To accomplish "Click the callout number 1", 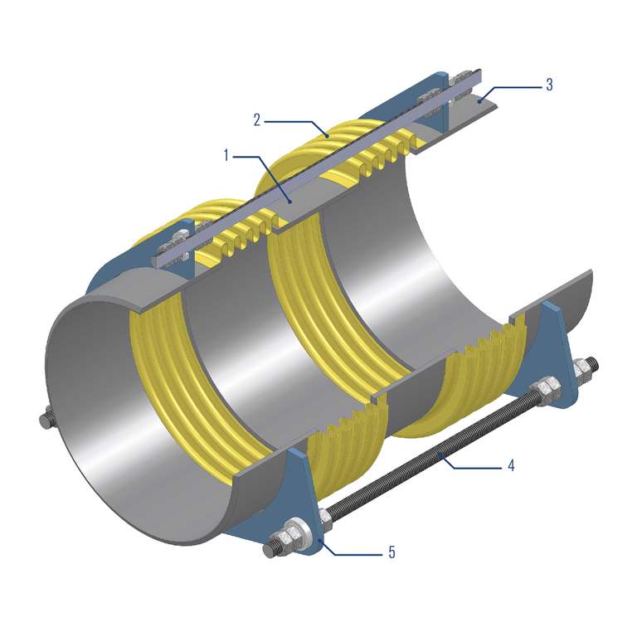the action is (226, 155).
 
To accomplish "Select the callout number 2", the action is (257, 120).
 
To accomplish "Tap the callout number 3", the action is (549, 85).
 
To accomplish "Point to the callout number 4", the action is (511, 465).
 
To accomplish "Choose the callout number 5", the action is (391, 552).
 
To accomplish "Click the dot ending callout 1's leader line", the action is (289, 201).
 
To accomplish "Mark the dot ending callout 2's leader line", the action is (327, 136).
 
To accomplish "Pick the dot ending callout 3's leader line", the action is (479, 101).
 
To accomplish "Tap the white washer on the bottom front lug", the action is (303, 536).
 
